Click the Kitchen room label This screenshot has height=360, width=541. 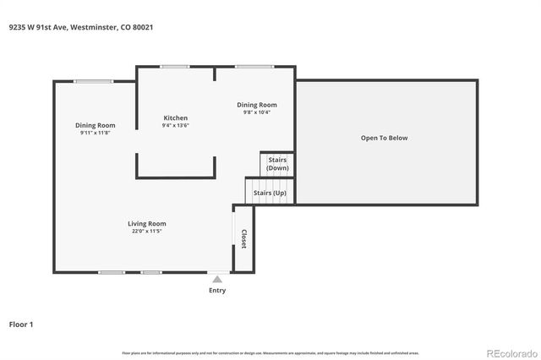point(175,117)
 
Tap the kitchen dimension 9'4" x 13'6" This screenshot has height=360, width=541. point(175,126)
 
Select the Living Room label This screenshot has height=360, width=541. point(146,223)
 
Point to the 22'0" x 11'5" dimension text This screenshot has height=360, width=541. point(146,231)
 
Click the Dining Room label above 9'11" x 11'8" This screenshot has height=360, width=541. point(95,125)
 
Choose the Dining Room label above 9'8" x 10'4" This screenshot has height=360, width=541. point(255,104)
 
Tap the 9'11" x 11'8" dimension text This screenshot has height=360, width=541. point(95,133)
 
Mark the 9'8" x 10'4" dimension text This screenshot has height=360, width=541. point(255,112)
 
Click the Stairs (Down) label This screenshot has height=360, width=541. point(277,163)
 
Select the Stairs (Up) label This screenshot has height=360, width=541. point(270,194)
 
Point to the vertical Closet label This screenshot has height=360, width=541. point(243,239)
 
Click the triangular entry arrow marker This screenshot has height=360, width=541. point(217,279)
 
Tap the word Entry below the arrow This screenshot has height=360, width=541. point(217,290)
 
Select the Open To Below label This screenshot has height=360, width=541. point(384,138)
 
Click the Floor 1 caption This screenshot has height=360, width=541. point(22,324)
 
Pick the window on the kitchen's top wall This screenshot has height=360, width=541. point(175,67)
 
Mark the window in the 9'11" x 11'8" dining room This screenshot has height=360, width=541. point(93,81)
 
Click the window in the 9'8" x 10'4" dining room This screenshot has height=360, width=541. point(254,67)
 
